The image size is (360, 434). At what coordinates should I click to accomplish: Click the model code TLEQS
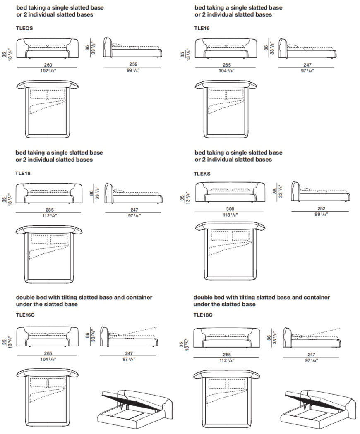(x=24, y=28)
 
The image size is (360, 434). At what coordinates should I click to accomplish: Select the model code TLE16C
(x=25, y=315)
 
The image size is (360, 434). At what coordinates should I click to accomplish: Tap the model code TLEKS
(x=202, y=174)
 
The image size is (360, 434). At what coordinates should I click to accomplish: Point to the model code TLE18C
(x=203, y=315)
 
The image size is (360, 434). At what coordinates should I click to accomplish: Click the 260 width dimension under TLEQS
(x=48, y=65)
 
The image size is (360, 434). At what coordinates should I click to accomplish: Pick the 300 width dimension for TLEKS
(x=230, y=209)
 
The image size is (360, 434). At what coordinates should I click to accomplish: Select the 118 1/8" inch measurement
(x=230, y=215)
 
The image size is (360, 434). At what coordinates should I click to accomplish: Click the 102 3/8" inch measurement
(x=48, y=71)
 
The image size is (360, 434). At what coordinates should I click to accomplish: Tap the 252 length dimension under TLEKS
(x=322, y=208)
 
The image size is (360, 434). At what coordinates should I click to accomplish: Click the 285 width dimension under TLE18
(x=50, y=210)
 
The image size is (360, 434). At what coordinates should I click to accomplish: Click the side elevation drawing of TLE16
(x=307, y=48)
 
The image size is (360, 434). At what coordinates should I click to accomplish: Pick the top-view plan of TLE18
(x=49, y=254)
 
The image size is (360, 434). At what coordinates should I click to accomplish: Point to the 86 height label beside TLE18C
(x=269, y=338)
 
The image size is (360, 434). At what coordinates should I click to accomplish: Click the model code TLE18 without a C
(x=23, y=174)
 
